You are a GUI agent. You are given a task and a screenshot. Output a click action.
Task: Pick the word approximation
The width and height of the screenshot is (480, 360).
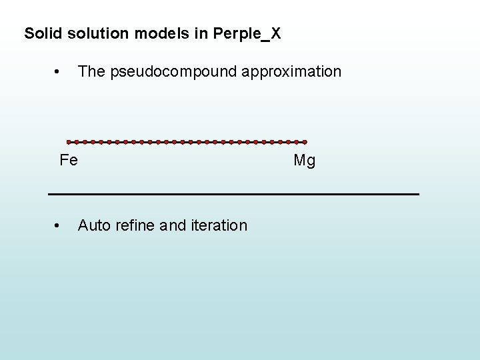tap(291, 71)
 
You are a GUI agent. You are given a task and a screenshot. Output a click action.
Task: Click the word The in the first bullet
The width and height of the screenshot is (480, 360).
tap(91, 71)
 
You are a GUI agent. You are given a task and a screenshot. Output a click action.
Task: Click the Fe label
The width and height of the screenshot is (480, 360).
tap(69, 160)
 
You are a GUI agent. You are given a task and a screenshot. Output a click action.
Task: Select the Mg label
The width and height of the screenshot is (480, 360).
tap(305, 161)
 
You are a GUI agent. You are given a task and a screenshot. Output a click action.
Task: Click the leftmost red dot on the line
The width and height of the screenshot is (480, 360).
tap(69, 142)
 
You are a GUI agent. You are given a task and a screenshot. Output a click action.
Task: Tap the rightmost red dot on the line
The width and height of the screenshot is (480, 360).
tap(305, 142)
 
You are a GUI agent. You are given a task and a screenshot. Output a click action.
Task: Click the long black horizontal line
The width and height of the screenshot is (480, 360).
tap(233, 193)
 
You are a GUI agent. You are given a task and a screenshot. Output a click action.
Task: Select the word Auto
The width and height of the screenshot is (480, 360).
tap(94, 225)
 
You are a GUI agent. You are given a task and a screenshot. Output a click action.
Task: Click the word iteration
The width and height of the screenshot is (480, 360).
tap(219, 225)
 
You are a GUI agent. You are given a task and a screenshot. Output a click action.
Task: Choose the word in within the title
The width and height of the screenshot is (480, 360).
tap(200, 33)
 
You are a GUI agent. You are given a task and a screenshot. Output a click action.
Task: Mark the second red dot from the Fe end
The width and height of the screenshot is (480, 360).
tap(77, 142)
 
